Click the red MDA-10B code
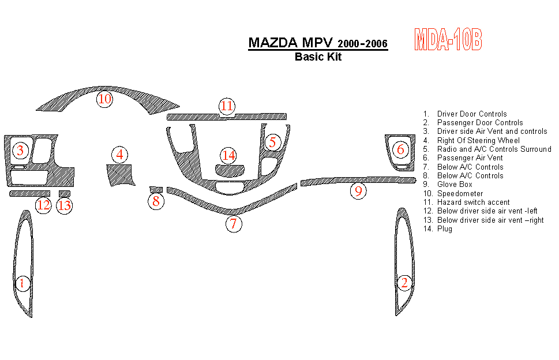448,40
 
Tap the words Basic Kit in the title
318,57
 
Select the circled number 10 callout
104,99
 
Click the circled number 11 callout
227,106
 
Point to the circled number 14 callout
229,155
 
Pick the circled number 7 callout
233,224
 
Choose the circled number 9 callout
358,191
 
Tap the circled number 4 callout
119,155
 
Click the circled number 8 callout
156,201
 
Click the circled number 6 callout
400,149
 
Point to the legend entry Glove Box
455,185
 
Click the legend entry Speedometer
460,194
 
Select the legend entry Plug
445,229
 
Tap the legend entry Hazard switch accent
473,202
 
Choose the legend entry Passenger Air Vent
470,158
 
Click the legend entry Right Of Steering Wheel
478,140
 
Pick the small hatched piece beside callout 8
155,189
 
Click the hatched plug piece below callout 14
230,170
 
